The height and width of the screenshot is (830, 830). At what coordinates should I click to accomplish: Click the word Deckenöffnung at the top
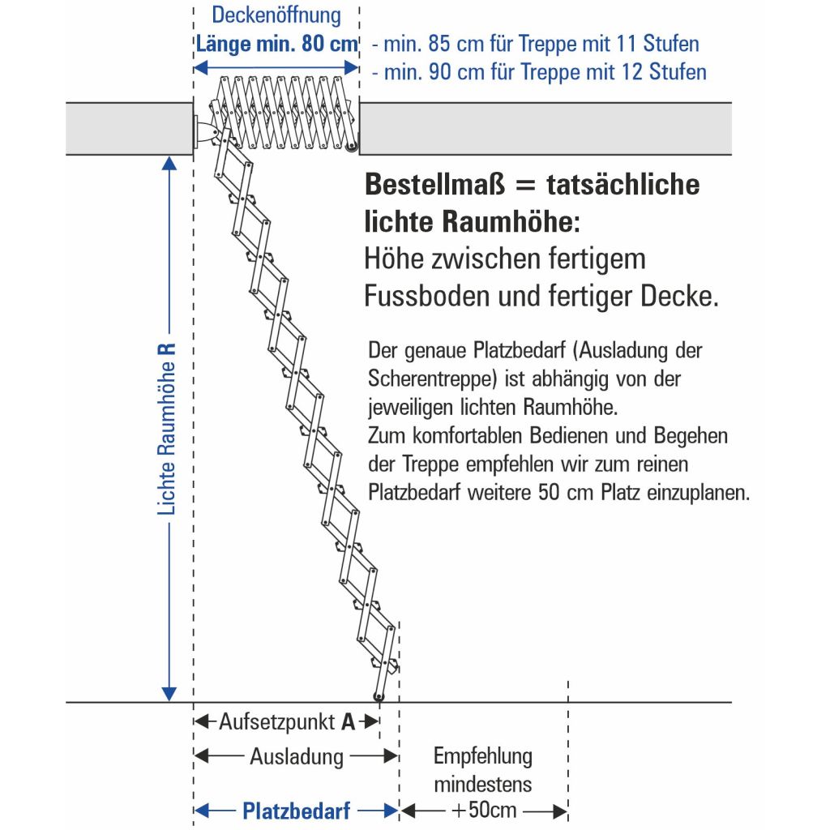pos(276,15)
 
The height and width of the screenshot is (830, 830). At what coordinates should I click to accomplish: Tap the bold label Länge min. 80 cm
pos(276,43)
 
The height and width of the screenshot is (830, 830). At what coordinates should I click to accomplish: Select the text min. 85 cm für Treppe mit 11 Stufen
pos(535,43)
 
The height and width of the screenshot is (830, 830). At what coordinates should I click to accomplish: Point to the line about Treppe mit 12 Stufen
pos(539,72)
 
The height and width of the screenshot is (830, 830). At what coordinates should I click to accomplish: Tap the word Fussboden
pos(421,297)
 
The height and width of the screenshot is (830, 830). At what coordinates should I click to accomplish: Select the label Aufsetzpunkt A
pos(287,721)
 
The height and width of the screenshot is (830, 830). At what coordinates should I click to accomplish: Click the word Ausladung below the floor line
pos(296,758)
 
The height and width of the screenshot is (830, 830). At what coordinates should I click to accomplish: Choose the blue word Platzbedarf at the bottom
pos(296,811)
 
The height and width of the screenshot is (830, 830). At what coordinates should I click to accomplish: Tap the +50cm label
pos(484,811)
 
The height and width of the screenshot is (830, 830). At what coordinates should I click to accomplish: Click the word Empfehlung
pos(483,757)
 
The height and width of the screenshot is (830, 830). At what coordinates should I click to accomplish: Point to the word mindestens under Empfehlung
pos(483,785)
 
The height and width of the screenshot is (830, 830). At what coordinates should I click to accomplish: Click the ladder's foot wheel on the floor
pos(378,697)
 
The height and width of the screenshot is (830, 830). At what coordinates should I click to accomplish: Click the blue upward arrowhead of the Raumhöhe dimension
pos(169,163)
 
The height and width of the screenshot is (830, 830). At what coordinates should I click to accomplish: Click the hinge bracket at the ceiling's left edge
pos(203,130)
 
